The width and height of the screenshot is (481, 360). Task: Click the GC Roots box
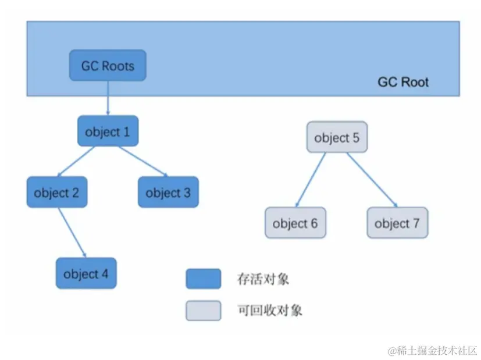(x=108, y=65)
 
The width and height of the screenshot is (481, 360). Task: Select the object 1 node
(x=108, y=131)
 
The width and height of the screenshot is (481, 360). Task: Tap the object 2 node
(x=57, y=193)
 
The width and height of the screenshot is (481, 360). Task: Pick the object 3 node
(x=168, y=193)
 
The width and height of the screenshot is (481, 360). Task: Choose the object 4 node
(x=86, y=273)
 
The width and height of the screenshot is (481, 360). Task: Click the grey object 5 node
(x=337, y=138)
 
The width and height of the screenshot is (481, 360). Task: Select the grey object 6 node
(x=295, y=223)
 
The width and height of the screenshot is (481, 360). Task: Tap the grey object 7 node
(x=397, y=223)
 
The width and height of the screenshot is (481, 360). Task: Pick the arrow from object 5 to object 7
(x=372, y=180)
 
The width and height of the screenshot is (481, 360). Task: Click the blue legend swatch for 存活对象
(x=203, y=279)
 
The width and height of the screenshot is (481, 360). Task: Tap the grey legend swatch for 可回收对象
(x=203, y=311)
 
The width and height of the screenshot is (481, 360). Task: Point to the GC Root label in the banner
(x=403, y=82)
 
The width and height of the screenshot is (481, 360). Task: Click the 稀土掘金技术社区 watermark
(x=433, y=351)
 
